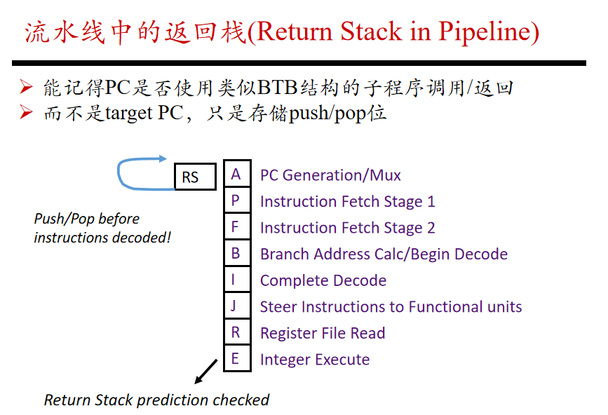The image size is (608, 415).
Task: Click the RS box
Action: point(196,177)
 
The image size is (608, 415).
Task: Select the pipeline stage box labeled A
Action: point(237,174)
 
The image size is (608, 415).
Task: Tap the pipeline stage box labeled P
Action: point(237,200)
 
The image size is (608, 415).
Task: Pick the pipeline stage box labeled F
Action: point(237,226)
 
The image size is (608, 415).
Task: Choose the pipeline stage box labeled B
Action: point(237,252)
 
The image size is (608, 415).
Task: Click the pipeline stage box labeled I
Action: point(237,279)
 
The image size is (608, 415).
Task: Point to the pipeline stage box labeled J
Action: point(237,306)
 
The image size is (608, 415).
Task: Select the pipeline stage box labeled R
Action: point(237,332)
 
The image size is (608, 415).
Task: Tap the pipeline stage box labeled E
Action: point(237,358)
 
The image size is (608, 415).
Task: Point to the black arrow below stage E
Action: point(206,372)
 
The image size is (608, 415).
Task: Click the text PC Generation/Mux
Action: point(330,175)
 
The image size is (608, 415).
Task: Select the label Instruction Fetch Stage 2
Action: point(347,228)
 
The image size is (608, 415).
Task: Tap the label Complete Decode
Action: point(323,280)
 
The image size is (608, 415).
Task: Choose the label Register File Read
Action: point(323,333)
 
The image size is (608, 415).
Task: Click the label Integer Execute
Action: point(315,360)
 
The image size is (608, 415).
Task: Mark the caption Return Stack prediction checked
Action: point(156,400)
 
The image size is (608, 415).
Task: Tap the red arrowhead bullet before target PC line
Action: point(25,112)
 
